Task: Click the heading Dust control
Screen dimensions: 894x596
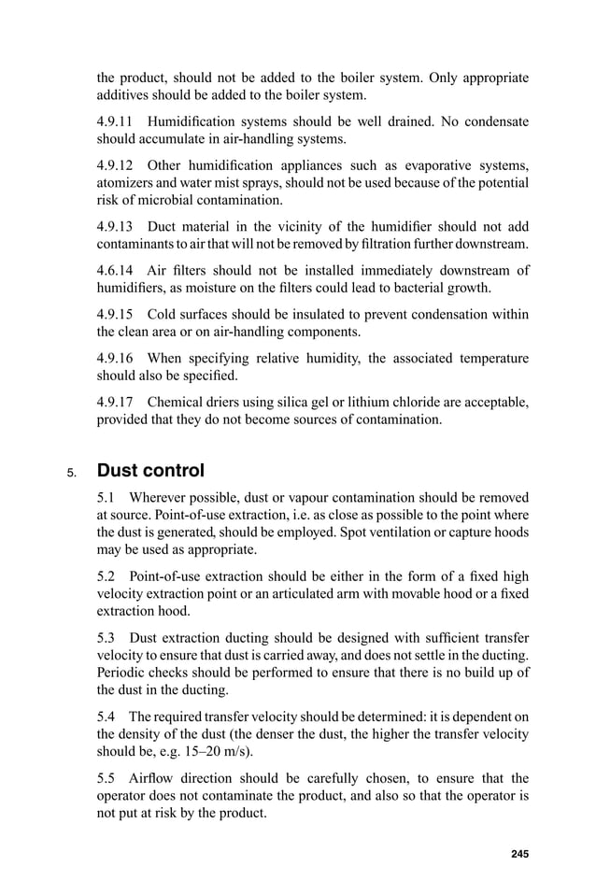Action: point(150,470)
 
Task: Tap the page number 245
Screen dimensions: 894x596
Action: point(519,853)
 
